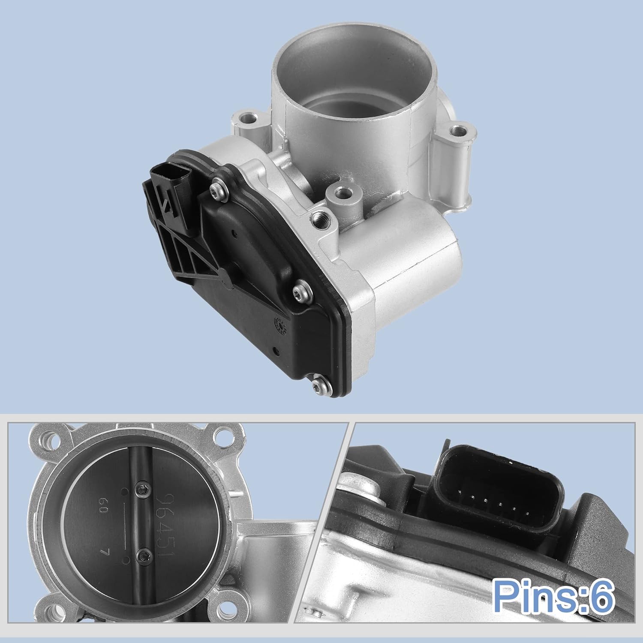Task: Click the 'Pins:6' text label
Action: pos(553,597)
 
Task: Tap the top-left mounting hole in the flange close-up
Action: pos(46,440)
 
